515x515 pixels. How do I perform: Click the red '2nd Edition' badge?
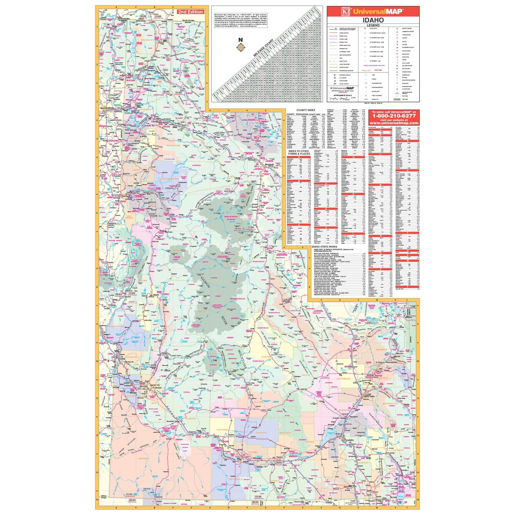click(191, 12)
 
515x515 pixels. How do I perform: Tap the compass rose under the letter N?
click(242, 46)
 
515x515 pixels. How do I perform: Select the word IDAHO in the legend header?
click(373, 20)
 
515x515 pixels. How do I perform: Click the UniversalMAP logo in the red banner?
click(373, 11)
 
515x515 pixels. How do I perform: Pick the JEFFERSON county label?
click(343, 379)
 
